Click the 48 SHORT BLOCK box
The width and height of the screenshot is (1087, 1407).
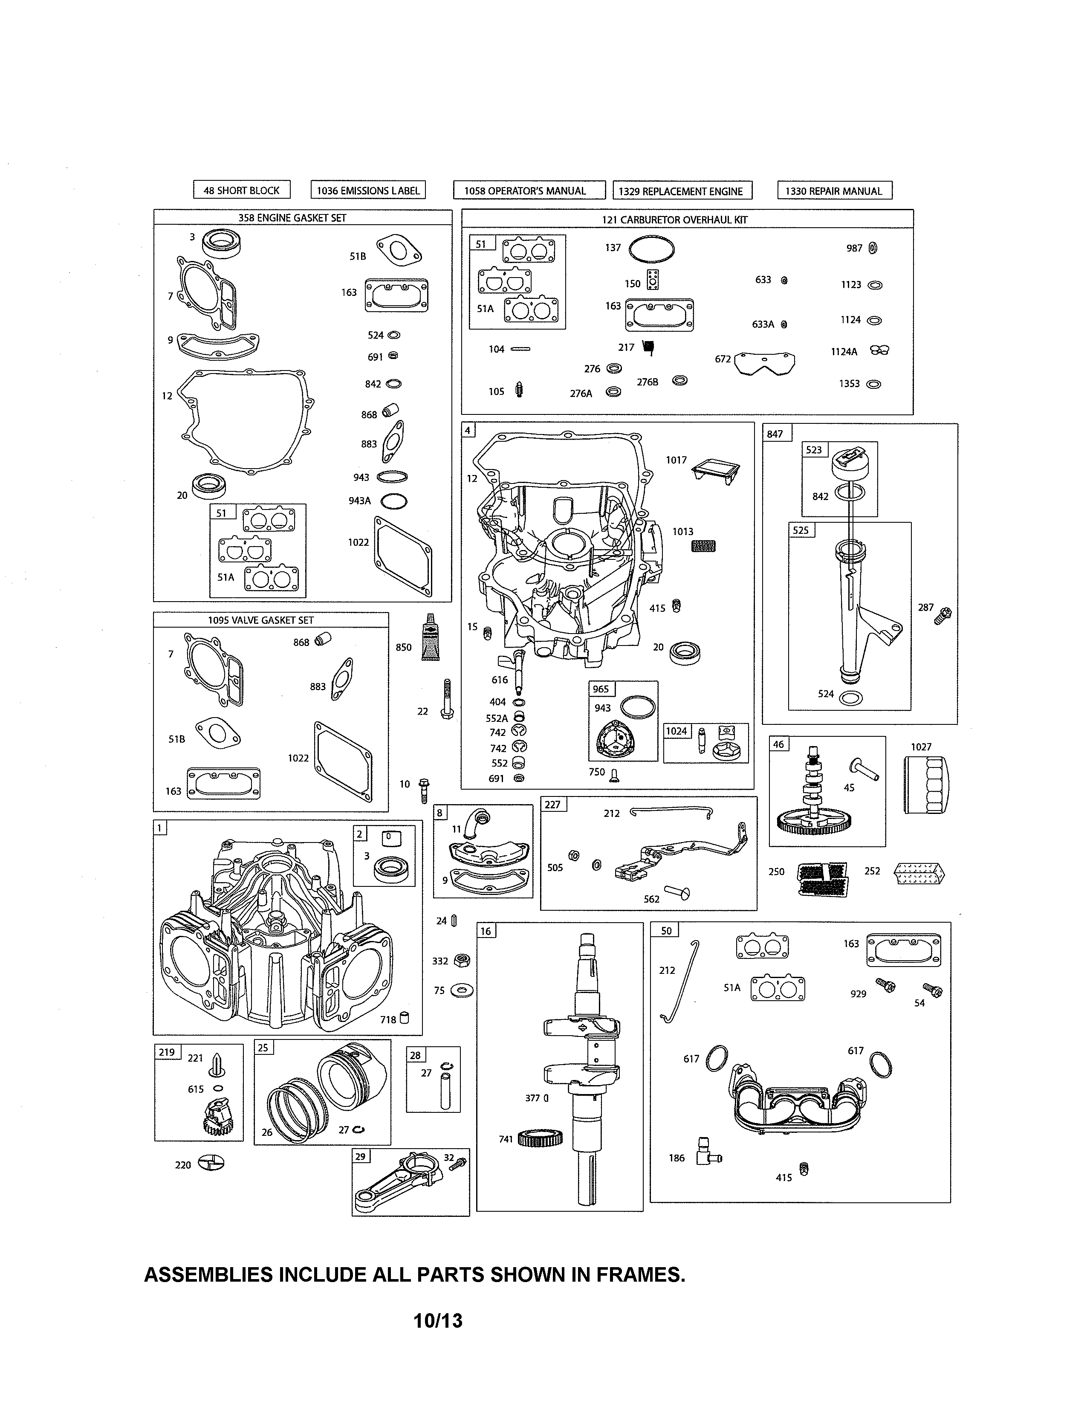(x=241, y=190)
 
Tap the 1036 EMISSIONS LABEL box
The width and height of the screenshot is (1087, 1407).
(x=368, y=190)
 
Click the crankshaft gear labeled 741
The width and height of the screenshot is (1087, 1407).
(x=540, y=1139)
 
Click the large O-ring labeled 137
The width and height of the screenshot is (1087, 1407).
(x=651, y=249)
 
